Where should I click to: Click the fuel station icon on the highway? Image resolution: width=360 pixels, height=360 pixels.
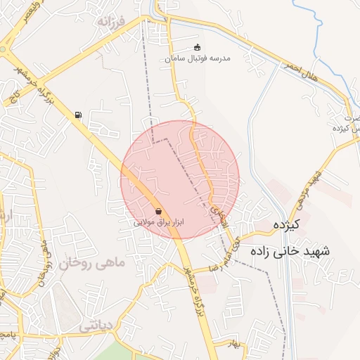77,115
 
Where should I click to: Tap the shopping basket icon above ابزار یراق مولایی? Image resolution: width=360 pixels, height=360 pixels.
158,211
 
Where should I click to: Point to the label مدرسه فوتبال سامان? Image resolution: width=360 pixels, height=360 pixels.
207,59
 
